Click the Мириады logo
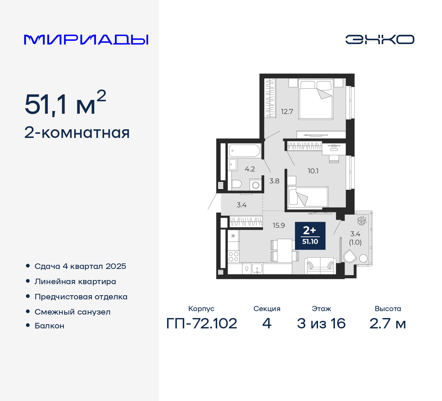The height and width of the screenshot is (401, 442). coord(86,40)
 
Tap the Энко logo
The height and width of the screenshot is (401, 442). coord(380,39)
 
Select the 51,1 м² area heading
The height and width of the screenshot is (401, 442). coord(65,103)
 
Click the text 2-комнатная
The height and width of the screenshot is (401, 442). coord(77,133)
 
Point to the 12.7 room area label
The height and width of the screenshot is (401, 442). coord(287,112)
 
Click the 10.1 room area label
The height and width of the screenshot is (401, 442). coord(313,171)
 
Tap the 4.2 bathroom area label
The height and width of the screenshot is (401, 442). coord(250,169)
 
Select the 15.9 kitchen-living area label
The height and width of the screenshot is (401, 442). coord(279,225)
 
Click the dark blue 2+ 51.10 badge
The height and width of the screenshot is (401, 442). coord(310,236)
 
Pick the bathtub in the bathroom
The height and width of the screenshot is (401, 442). coord(244,151)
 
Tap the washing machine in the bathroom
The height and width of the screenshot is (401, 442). coord(256,185)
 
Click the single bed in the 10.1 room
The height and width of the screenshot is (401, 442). coord(307,197)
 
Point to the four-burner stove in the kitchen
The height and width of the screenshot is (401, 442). coord(233,257)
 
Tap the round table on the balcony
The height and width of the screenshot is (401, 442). coord(363,258)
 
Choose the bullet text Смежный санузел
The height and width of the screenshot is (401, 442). coord(73,312)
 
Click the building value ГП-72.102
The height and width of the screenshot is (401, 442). coord(202,324)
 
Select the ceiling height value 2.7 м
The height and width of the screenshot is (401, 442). coord(387,324)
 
